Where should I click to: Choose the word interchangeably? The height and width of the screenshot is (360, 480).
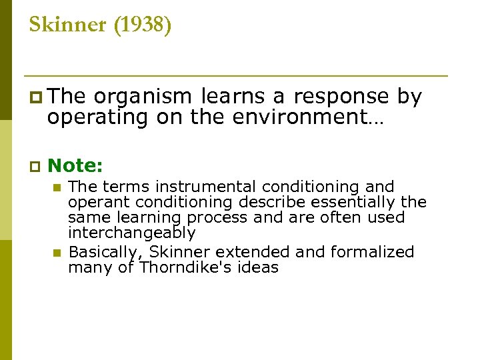point(131,233)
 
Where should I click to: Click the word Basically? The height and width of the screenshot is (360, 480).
point(106,252)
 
